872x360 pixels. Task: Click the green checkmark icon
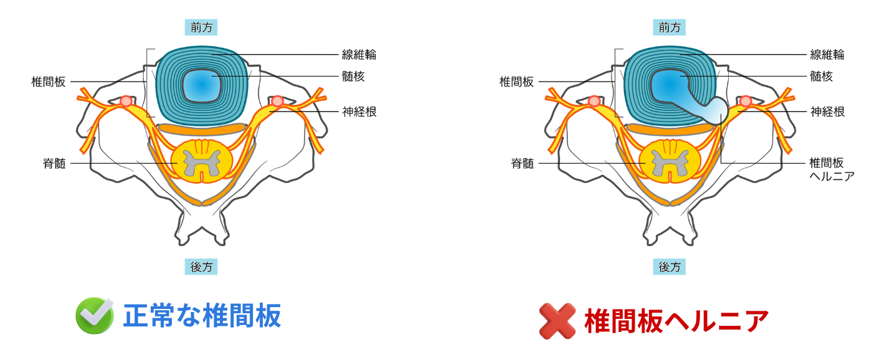tap(95, 316)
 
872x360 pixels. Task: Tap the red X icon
tap(557, 321)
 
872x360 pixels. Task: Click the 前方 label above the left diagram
tap(201, 27)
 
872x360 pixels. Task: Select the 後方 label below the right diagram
tap(670, 267)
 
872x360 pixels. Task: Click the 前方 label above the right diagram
tap(670, 27)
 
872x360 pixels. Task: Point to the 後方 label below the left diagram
tap(201, 267)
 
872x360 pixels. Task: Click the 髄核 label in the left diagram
tap(353, 77)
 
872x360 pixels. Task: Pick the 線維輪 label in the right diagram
tap(827, 55)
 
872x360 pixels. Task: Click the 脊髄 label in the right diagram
tap(522, 164)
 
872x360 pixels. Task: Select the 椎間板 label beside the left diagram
tap(48, 82)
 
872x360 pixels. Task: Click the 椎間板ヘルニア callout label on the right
tap(831, 169)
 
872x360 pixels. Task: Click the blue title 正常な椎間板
tap(202, 316)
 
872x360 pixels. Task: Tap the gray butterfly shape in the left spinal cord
tap(201, 163)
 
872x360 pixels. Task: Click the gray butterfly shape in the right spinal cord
tap(670, 163)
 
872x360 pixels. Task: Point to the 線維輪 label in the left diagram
tap(359, 55)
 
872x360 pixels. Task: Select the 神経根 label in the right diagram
tap(827, 112)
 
